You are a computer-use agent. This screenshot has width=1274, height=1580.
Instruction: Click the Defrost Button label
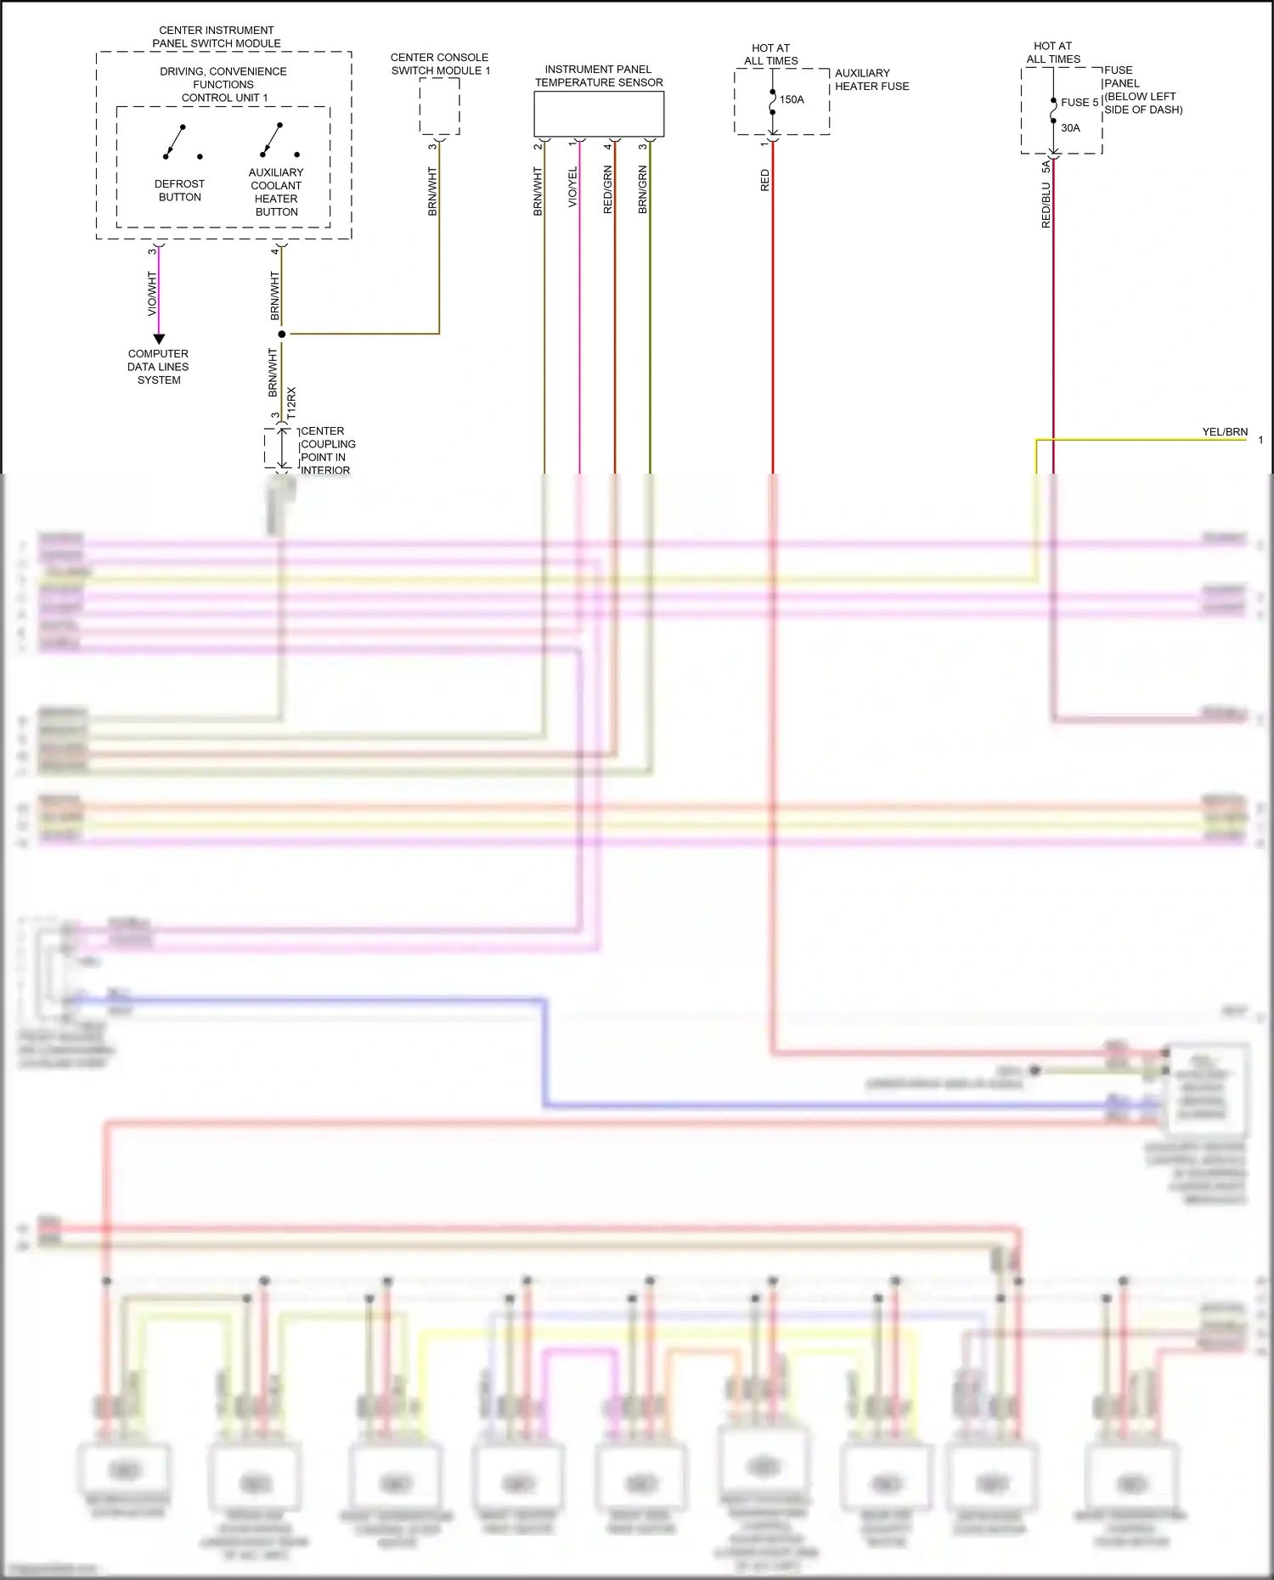tap(179, 190)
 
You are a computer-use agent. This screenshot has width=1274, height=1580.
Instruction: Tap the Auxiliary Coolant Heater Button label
tap(276, 192)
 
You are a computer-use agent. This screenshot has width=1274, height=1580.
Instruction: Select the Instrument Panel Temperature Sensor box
tap(599, 114)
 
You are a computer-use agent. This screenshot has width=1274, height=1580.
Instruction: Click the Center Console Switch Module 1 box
tap(439, 107)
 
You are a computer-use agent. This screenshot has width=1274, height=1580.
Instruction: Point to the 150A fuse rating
tap(792, 100)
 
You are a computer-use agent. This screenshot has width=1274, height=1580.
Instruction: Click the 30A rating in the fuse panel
tap(1070, 128)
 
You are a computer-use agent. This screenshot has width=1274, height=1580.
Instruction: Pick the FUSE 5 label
tap(1080, 103)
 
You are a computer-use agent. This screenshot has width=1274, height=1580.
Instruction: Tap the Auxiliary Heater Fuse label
tap(871, 80)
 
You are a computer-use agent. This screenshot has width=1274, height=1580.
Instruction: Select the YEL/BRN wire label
tap(1225, 432)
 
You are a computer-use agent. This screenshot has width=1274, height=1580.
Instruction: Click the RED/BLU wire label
tap(1046, 205)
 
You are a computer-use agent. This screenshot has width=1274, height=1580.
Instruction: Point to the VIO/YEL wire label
tap(572, 187)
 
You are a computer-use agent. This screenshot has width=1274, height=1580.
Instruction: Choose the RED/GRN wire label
tap(607, 189)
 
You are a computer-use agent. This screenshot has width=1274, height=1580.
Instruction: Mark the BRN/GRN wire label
tap(643, 189)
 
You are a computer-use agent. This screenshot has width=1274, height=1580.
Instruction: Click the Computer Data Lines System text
tap(159, 367)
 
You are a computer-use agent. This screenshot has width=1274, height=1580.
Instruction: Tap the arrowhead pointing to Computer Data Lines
tap(159, 339)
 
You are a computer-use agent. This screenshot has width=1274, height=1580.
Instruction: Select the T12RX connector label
tap(291, 403)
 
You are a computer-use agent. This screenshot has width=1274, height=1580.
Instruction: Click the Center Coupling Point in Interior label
tap(327, 451)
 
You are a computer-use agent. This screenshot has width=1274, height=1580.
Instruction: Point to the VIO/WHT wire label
tap(152, 294)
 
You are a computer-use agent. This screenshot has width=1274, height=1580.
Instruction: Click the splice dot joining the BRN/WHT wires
tap(282, 335)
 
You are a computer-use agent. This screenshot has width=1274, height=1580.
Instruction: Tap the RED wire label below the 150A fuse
tap(765, 180)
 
